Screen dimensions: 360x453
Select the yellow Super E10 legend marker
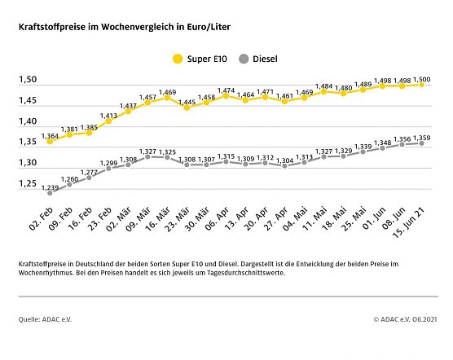click(x=177, y=59)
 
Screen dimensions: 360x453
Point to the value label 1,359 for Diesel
click(x=422, y=138)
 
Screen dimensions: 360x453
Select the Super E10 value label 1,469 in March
click(x=168, y=92)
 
